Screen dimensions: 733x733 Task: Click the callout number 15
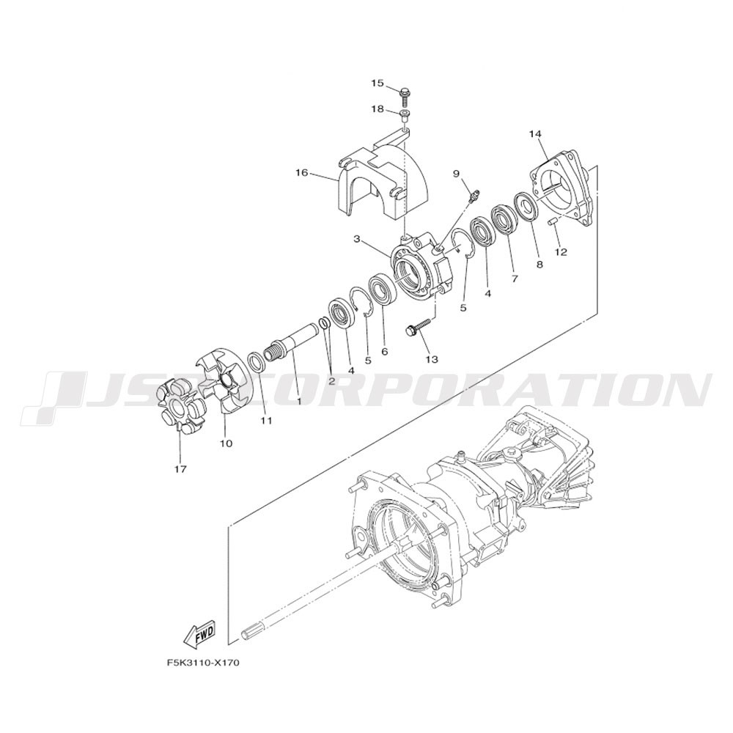point(377,84)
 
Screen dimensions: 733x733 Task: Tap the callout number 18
point(377,109)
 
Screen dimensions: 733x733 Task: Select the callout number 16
point(301,173)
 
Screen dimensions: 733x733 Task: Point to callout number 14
point(535,134)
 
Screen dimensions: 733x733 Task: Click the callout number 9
point(456,174)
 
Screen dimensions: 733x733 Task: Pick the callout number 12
point(561,252)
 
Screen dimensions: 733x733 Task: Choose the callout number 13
point(432,359)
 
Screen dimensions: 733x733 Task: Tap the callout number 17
point(180,469)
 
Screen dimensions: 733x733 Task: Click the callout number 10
point(226,443)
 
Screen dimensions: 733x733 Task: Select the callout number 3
point(356,240)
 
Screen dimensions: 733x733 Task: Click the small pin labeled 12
point(551,221)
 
